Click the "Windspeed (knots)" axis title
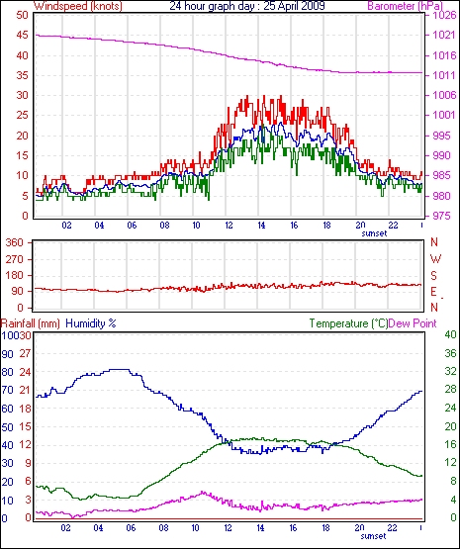click(x=78, y=6)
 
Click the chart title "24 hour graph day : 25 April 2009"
click(x=247, y=6)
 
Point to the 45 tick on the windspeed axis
click(x=22, y=36)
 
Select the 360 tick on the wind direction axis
click(x=16, y=242)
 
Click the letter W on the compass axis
click(x=435, y=259)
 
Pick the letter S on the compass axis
click(x=434, y=276)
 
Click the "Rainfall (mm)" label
click(x=31, y=323)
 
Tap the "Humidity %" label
click(x=91, y=323)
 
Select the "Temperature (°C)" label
click(x=349, y=323)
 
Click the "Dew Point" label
click(x=413, y=323)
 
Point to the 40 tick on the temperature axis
click(x=450, y=334)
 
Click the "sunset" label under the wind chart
click(x=374, y=233)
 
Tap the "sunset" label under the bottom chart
click(x=373, y=536)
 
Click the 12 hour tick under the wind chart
click(x=229, y=226)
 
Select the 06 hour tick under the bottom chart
click(x=131, y=528)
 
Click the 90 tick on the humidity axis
click(x=7, y=354)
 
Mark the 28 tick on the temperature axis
click(x=450, y=390)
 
